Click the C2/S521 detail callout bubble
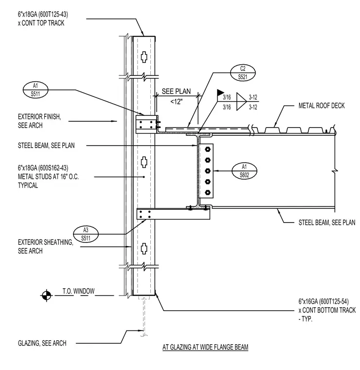[x=243, y=73]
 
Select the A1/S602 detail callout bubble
[x=244, y=170]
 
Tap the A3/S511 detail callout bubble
[x=86, y=234]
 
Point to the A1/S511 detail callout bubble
[x=36, y=90]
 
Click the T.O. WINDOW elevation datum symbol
[x=46, y=295]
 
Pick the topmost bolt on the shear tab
[x=207, y=149]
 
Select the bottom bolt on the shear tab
[x=207, y=193]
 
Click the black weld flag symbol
[x=220, y=92]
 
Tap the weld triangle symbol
[x=241, y=101]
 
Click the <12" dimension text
[x=176, y=102]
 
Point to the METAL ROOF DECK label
[x=322, y=106]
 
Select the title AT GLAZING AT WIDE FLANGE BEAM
[x=205, y=347]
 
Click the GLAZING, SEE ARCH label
[x=42, y=343]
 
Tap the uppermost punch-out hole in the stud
[x=144, y=57]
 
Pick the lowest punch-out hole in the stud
[x=144, y=248]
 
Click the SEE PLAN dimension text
[x=176, y=92]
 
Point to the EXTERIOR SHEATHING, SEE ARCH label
[x=46, y=247]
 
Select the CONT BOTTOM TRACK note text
[x=327, y=310]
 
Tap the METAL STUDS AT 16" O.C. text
[x=48, y=177]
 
